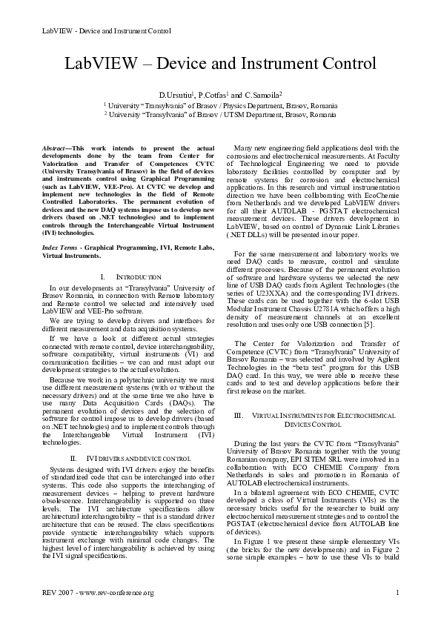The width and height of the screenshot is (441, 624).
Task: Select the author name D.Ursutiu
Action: tap(176, 95)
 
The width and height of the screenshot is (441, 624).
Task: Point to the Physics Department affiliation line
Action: tap(220, 106)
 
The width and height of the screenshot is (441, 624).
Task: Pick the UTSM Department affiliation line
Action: tap(220, 116)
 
